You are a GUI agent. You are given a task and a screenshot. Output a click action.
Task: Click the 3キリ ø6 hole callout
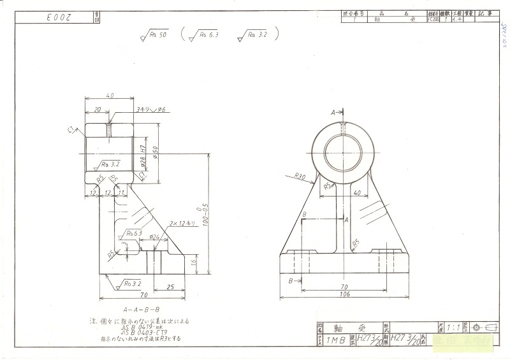pyautogui.click(x=150, y=110)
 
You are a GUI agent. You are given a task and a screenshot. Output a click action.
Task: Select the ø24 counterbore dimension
pyautogui.click(x=154, y=236)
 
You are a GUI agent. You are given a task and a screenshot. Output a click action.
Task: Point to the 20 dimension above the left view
pyautogui.click(x=98, y=110)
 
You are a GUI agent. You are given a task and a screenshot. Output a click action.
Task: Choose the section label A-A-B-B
pyautogui.click(x=141, y=308)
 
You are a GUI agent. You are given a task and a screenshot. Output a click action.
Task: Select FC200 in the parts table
pyautogui.click(x=433, y=20)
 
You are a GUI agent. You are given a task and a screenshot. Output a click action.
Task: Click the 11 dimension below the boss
pyautogui.click(x=122, y=192)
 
